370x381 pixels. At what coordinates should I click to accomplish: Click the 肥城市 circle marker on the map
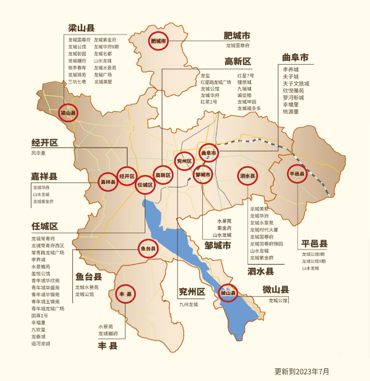pyautogui.click(x=158, y=41)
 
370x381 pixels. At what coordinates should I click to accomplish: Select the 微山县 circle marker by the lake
pyautogui.click(x=228, y=293)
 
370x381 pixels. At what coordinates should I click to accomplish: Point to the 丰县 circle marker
pyautogui.click(x=125, y=294)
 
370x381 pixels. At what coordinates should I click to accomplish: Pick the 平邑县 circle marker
pyautogui.click(x=297, y=174)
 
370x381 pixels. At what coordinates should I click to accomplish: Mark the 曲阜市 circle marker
pyautogui.click(x=209, y=152)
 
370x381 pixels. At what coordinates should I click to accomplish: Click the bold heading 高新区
pyautogui.click(x=237, y=61)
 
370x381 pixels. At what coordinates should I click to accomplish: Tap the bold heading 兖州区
pyautogui.click(x=192, y=292)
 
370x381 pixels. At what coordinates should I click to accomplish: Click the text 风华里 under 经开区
pyautogui.click(x=38, y=153)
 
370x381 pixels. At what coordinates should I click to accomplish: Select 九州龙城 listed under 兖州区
pyautogui.click(x=188, y=304)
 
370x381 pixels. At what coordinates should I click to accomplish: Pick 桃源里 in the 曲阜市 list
pyautogui.click(x=291, y=111)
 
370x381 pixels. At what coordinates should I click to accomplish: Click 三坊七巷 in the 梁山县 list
pyautogui.click(x=77, y=82)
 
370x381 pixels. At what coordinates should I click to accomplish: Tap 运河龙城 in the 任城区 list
pyautogui.click(x=41, y=344)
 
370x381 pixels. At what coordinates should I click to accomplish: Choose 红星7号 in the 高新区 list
pyautogui.click(x=246, y=75)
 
